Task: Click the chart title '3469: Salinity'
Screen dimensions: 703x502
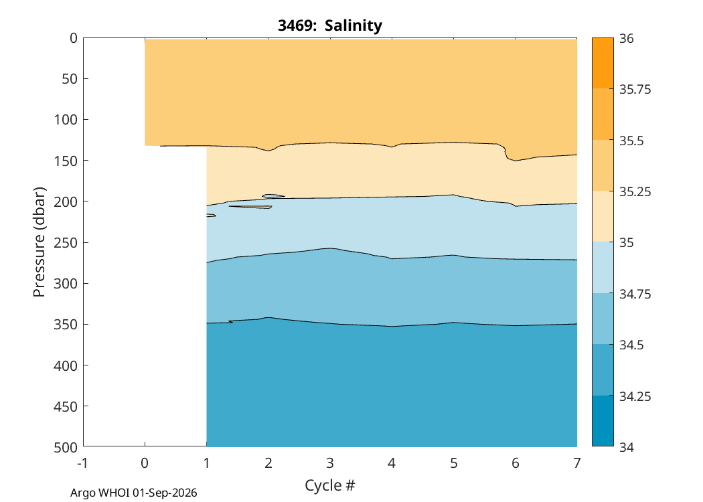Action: coord(330,25)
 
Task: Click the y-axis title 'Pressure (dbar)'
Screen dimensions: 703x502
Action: coord(39,242)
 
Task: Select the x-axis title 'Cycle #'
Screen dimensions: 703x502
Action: coord(330,485)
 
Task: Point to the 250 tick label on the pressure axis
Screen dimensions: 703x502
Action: coord(66,242)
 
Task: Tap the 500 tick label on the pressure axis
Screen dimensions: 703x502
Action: coord(66,447)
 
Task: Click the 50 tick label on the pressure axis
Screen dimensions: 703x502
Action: coord(70,79)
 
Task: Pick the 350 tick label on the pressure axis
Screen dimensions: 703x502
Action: coord(66,325)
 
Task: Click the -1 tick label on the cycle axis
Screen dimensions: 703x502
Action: coord(82,463)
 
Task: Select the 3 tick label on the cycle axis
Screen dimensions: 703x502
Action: coord(330,463)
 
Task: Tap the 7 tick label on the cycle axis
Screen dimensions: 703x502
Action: coord(577,463)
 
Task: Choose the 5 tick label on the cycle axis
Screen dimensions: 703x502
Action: coord(454,463)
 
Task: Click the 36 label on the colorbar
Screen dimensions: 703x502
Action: coord(627,39)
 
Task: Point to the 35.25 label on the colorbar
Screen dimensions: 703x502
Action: coord(635,192)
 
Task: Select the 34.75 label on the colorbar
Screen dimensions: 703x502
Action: coord(635,294)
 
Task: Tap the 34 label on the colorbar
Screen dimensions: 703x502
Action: coord(627,447)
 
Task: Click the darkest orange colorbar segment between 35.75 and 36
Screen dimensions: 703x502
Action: coord(603,63)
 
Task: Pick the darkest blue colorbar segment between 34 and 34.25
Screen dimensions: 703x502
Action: coord(603,421)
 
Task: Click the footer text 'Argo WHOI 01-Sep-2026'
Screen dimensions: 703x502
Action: coord(134,493)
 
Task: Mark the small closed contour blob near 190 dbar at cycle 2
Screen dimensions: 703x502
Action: coord(273,196)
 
